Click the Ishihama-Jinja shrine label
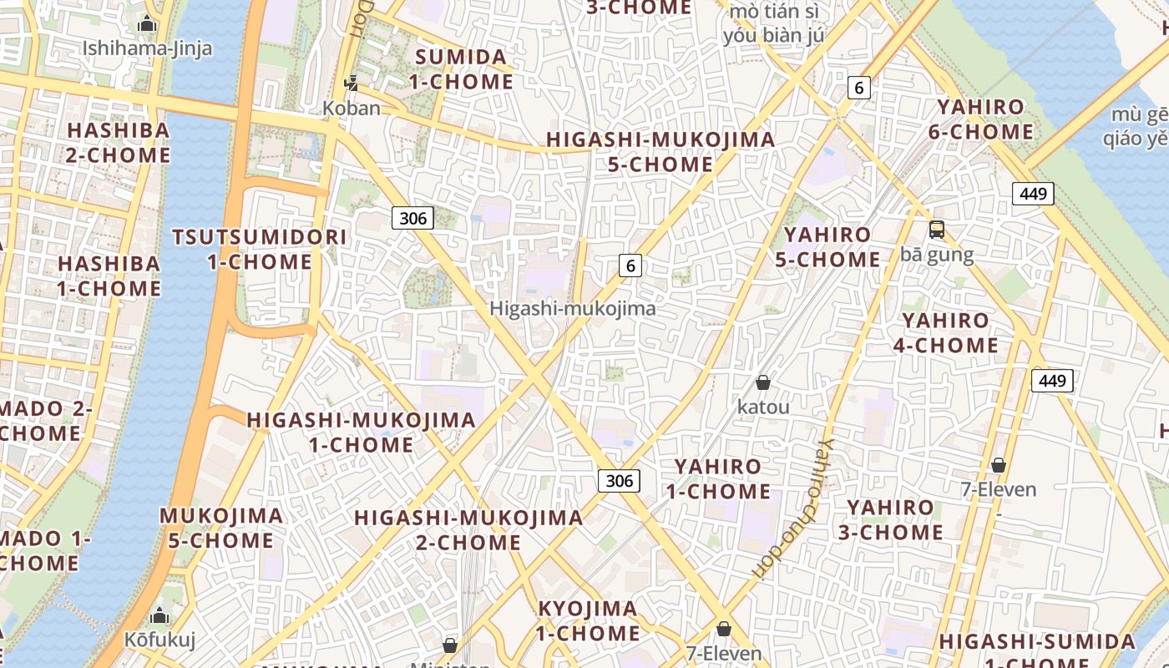147,48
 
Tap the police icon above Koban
352,83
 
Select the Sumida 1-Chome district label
462,69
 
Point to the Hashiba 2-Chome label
119,143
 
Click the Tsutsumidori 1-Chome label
260,249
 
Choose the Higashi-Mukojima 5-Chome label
660,152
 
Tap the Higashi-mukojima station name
572,308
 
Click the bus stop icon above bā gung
937,230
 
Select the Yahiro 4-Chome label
946,332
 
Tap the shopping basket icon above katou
762,383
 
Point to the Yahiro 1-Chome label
718,478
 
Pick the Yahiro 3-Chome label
892,519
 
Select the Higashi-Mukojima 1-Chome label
361,432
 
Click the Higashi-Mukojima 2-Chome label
468,529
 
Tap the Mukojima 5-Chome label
221,528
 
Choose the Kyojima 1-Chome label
588,620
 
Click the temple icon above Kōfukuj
159,618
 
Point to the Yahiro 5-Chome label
827,247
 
